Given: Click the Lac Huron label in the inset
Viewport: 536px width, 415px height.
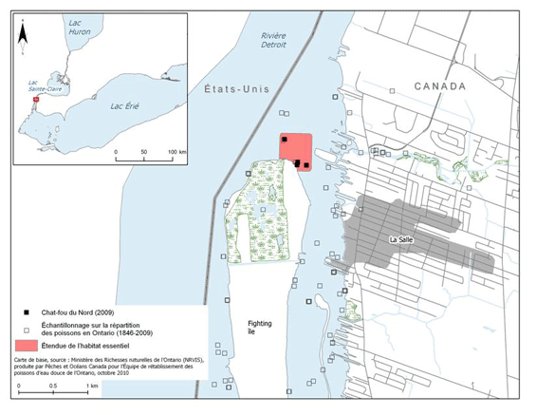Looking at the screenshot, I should tap(81, 31).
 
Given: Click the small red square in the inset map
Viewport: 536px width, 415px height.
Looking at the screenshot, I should tap(37, 99).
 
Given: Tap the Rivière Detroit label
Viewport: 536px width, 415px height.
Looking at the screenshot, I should tap(274, 41).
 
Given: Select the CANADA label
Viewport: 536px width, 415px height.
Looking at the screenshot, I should tap(440, 86).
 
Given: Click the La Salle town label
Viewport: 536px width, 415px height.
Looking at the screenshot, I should tap(406, 240).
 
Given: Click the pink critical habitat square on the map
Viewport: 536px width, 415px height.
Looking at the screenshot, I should tap(296, 150).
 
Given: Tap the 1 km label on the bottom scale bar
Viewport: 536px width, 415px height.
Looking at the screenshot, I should tap(93, 387).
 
